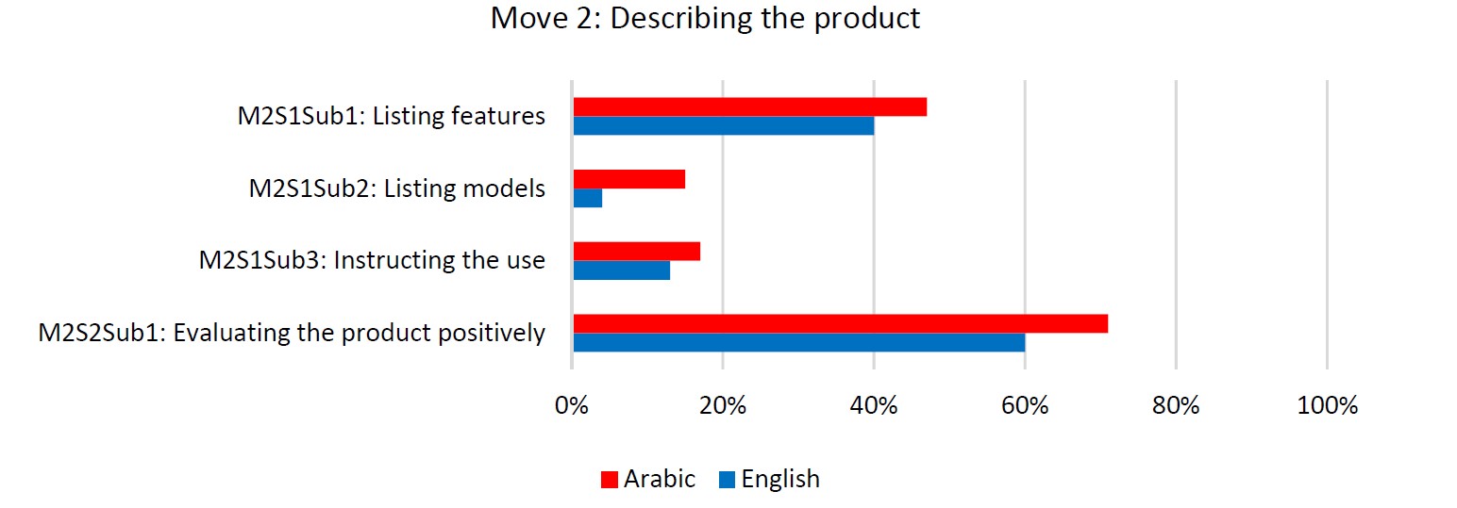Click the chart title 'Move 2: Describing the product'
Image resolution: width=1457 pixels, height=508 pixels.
click(705, 18)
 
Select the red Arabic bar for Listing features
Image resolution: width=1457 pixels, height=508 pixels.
click(750, 107)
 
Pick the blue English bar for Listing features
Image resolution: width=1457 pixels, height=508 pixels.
click(724, 125)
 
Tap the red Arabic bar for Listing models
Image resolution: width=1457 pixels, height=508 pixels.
click(629, 179)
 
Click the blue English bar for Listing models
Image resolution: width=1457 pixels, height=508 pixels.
click(588, 198)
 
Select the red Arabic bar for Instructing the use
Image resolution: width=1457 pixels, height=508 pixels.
click(637, 252)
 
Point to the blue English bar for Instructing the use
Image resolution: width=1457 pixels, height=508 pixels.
click(622, 270)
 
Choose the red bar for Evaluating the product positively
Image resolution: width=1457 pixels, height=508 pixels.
click(841, 323)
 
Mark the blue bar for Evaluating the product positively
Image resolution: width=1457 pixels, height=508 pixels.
click(799, 342)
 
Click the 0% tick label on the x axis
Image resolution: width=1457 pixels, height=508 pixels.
click(572, 405)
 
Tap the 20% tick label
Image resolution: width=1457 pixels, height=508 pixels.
click(723, 405)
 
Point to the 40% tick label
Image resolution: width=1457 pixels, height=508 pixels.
click(874, 405)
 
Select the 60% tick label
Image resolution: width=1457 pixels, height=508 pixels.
click(1025, 405)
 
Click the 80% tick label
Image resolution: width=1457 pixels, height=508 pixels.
click(1176, 405)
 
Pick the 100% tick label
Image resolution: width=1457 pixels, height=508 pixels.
click(1327, 405)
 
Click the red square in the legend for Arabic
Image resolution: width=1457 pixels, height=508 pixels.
click(610, 480)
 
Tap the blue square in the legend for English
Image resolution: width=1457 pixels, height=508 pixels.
click(728, 480)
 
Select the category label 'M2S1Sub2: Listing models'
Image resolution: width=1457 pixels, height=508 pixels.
click(396, 188)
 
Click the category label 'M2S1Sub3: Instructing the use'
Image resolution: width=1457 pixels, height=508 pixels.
click(372, 260)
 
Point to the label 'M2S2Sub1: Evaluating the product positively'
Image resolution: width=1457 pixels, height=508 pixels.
click(292, 333)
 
